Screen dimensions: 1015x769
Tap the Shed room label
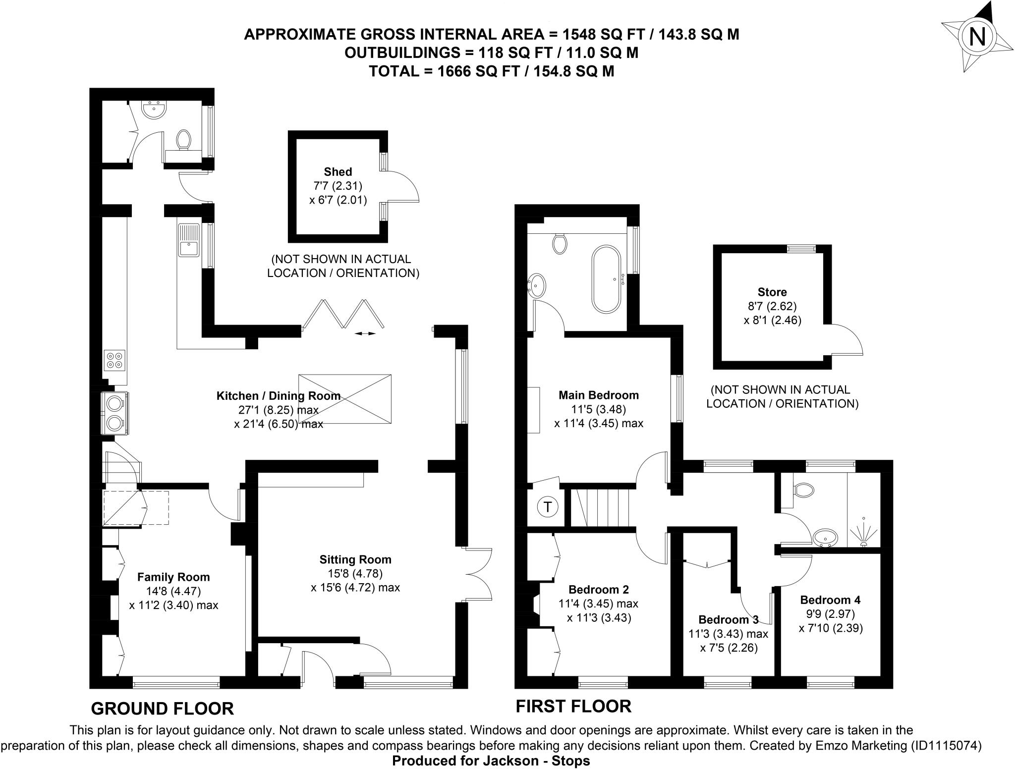(x=338, y=172)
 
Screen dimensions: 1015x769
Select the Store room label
(x=772, y=292)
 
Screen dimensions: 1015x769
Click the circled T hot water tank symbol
(x=548, y=507)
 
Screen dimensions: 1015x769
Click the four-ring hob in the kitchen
(x=115, y=360)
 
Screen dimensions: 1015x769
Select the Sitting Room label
(x=355, y=559)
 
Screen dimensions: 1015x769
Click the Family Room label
(x=173, y=577)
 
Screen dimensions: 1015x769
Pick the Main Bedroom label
(x=599, y=395)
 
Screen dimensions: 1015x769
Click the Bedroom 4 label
(x=830, y=600)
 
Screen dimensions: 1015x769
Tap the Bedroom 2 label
(x=599, y=590)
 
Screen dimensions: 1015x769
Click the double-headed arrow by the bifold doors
(x=365, y=333)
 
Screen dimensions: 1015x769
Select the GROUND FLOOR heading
(x=163, y=709)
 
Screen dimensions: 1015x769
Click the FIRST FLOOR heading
(x=573, y=706)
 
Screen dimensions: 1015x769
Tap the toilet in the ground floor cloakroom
(x=184, y=139)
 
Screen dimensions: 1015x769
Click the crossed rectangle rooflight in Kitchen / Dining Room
(x=345, y=399)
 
